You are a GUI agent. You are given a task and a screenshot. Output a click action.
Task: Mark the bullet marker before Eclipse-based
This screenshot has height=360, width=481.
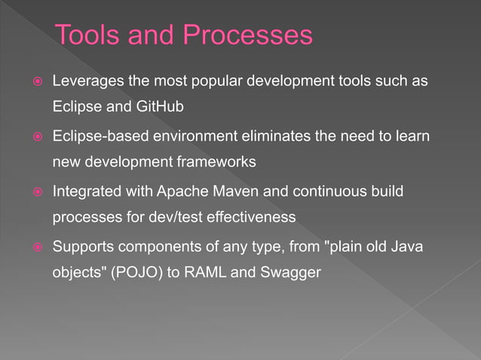pyautogui.click(x=35, y=136)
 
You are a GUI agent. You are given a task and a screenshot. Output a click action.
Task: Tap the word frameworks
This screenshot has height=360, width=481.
pyautogui.click(x=219, y=162)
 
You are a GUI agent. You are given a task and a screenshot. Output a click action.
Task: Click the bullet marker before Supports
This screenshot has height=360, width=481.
pyautogui.click(x=35, y=248)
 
